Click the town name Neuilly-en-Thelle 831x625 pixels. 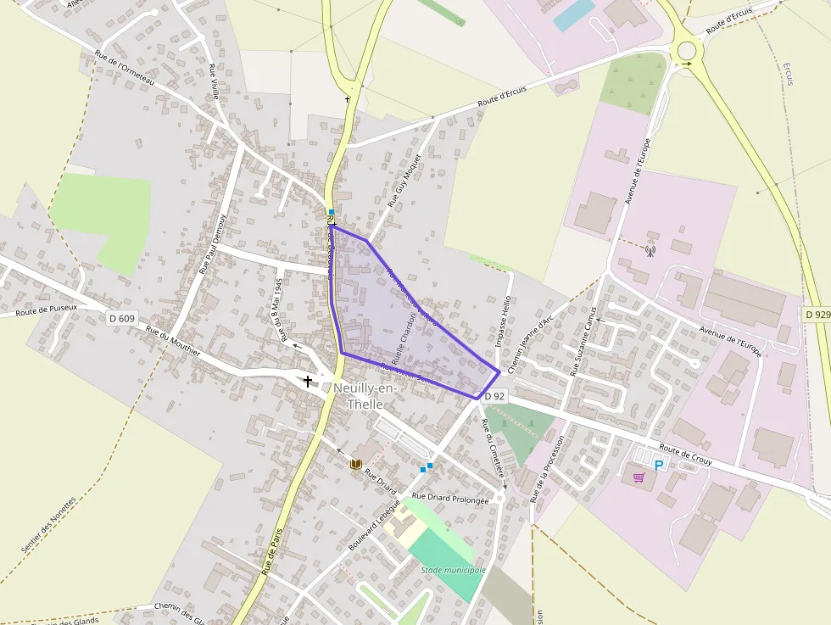coord(365,396)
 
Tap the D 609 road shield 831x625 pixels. coord(122,319)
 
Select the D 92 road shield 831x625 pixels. coord(495,396)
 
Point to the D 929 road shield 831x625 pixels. coord(817,315)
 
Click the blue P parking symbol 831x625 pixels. coord(658,465)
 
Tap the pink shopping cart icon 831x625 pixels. coord(639,477)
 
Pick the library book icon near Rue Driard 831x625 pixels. coord(356,464)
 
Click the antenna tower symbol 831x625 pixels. coord(650,250)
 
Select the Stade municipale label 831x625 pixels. coord(453,570)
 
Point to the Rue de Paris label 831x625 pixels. coord(271,552)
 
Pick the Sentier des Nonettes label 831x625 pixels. coord(48,526)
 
